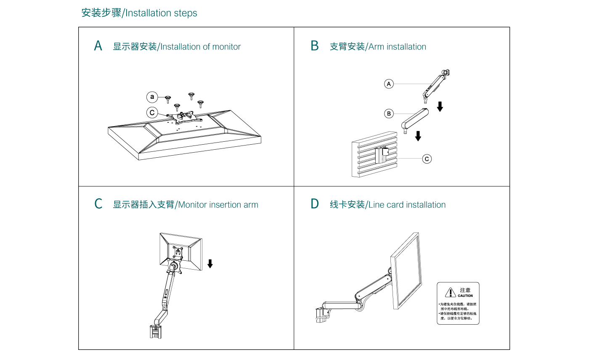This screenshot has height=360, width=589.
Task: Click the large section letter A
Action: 98,46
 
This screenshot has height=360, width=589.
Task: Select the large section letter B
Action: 315,46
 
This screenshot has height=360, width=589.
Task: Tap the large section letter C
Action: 98,204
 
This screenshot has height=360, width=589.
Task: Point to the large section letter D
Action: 315,204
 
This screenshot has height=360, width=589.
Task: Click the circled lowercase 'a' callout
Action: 152,97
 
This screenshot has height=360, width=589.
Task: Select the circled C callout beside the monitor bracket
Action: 152,113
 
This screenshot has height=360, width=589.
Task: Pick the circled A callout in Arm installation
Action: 389,84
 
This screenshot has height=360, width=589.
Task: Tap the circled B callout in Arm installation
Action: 389,113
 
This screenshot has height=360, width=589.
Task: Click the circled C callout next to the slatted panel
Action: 427,159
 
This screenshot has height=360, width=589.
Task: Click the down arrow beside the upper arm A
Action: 440,106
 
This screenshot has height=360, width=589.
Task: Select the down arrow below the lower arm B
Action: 418,136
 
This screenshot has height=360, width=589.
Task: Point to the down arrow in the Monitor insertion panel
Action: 210,264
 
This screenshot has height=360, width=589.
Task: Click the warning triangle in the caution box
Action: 451,292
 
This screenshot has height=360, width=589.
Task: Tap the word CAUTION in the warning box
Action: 465,296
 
